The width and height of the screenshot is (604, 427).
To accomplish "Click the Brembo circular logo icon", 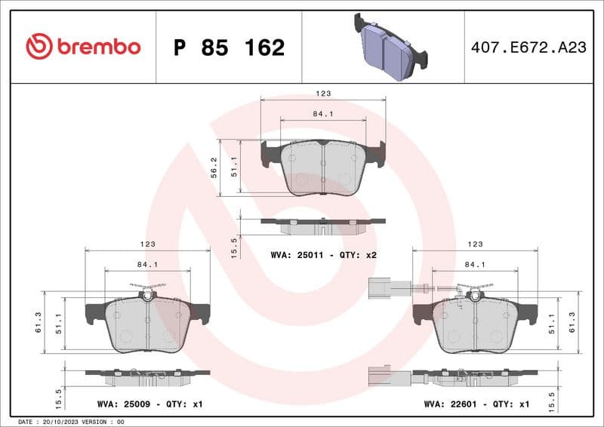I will pyautogui.click(x=39, y=47).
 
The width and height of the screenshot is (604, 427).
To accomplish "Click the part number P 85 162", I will pyautogui.click(x=229, y=48).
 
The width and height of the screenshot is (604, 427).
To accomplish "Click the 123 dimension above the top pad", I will pyautogui.click(x=323, y=94).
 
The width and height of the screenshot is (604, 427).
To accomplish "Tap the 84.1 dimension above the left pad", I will pyautogui.click(x=147, y=264).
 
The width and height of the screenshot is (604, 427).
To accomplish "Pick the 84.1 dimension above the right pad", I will pyautogui.click(x=475, y=264).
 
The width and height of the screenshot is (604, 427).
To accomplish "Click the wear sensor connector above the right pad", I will pyautogui.click(x=379, y=286).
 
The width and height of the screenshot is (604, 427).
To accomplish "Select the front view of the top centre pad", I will pyautogui.click(x=322, y=167).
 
